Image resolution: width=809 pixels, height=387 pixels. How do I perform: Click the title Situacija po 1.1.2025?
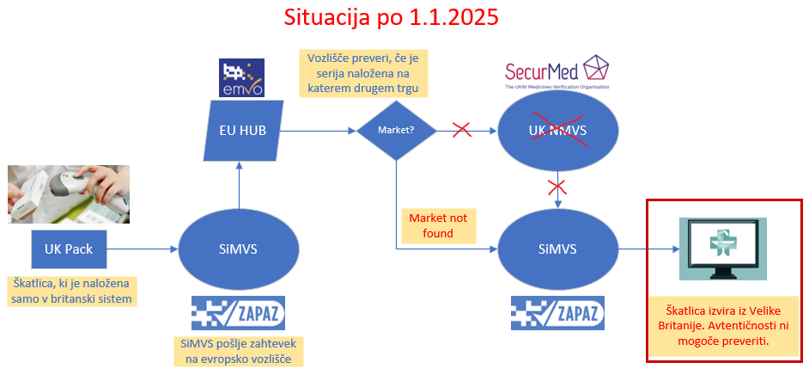tap(392, 18)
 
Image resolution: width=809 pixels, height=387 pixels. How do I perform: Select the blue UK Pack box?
tap(69, 250)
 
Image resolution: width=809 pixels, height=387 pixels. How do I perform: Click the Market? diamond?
tap(396, 131)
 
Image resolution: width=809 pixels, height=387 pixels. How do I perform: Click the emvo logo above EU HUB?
tap(241, 78)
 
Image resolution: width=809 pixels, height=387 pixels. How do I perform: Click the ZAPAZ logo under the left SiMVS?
tap(238, 313)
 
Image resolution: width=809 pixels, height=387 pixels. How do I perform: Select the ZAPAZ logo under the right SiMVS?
tap(557, 313)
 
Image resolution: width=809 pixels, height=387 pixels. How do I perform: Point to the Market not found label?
tap(438, 225)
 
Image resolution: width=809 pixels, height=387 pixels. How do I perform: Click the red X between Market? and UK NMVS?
tap(461, 130)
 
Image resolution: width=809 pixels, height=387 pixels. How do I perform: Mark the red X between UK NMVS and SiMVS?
tap(559, 186)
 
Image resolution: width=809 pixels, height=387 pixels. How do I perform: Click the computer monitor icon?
tap(722, 248)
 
